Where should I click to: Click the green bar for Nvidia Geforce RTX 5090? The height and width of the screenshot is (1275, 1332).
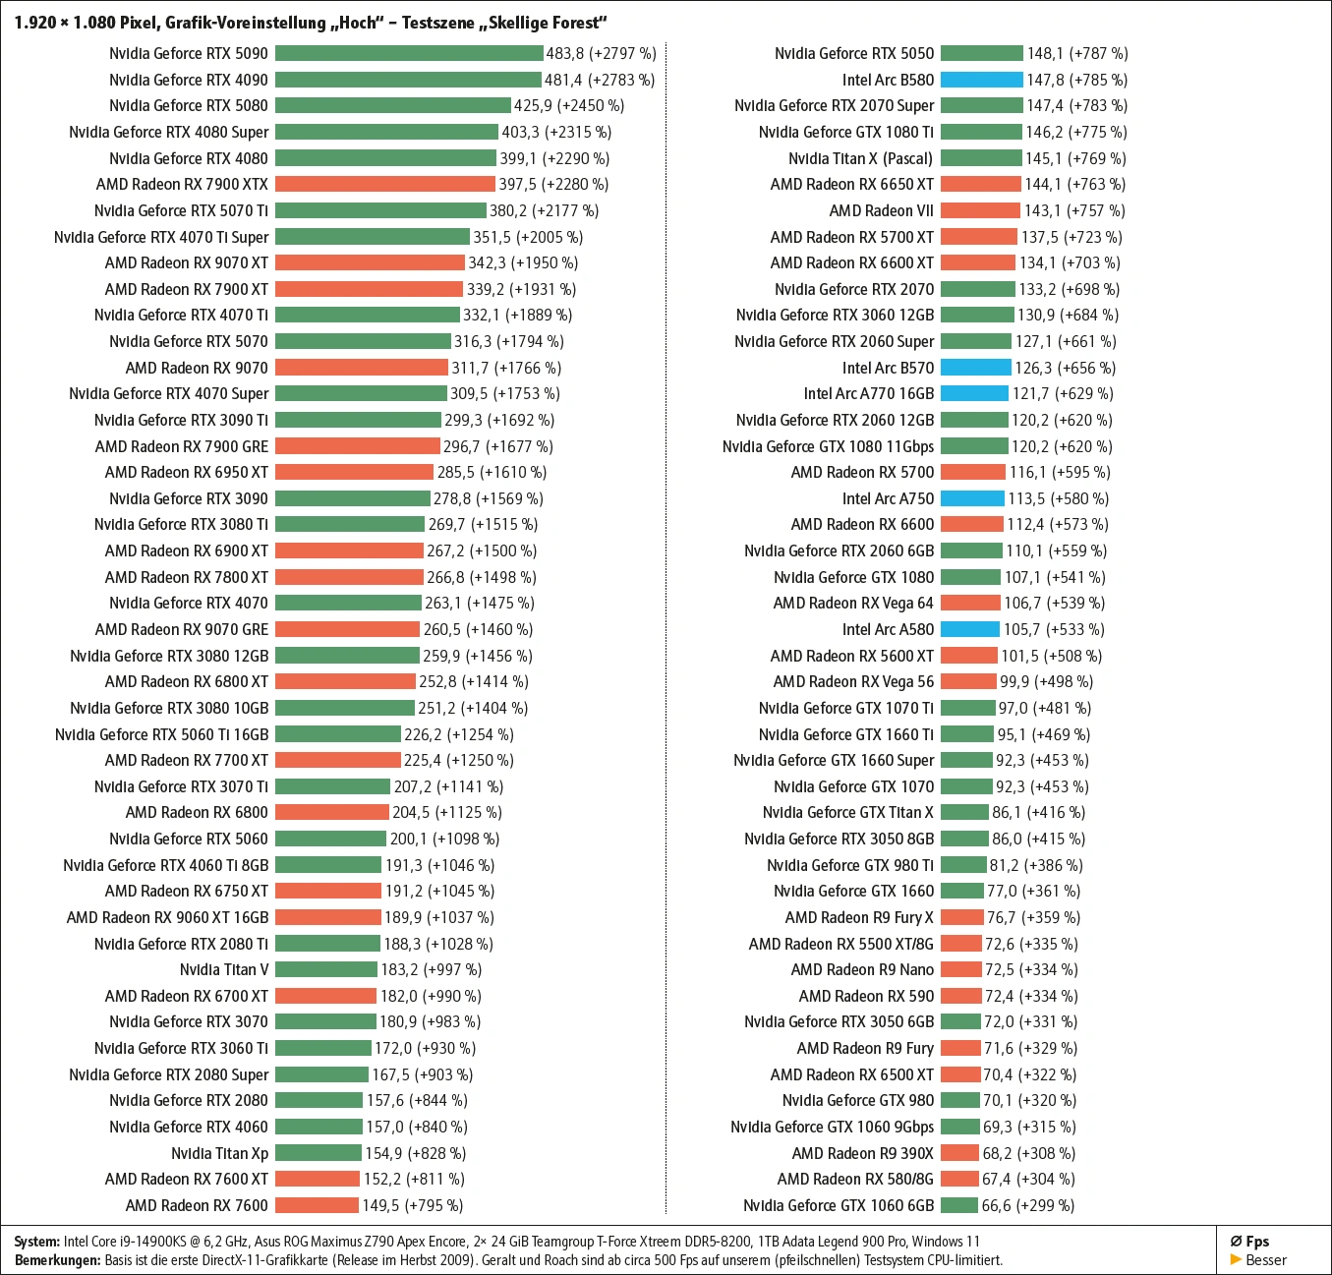(409, 53)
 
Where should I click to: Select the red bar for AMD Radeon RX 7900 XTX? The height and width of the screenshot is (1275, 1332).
(385, 184)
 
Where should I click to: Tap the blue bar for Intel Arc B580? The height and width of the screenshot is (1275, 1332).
(981, 80)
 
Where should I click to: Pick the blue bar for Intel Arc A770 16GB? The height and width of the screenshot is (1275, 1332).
(974, 393)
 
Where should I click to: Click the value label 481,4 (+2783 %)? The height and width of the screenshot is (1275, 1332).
(600, 80)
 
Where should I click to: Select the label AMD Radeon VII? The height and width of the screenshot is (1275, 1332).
(881, 210)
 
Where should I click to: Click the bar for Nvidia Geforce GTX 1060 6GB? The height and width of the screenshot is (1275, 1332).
(958, 1205)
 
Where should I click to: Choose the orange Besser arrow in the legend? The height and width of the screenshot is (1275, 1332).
(1236, 1259)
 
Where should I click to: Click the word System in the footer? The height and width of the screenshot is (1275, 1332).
(36, 1242)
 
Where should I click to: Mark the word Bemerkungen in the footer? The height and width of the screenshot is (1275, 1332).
(57, 1259)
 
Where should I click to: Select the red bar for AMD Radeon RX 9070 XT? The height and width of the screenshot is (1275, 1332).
(370, 262)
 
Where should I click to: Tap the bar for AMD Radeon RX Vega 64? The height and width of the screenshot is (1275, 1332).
(970, 603)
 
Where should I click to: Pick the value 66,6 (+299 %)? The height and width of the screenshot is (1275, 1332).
(1027, 1205)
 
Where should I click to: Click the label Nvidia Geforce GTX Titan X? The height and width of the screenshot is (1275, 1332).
(847, 812)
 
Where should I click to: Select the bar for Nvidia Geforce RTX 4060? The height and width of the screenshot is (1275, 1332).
(319, 1127)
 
